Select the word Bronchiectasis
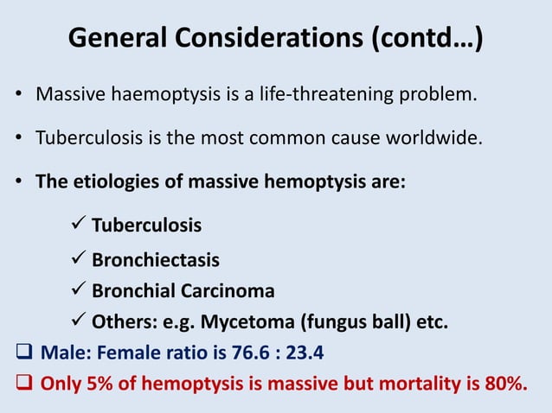click(156, 259)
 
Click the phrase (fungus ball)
click(345, 323)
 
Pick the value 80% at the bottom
click(504, 384)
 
